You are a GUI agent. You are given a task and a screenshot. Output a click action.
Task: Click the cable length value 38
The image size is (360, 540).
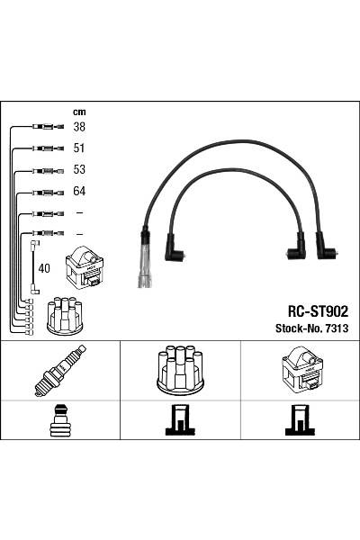pos(79,127)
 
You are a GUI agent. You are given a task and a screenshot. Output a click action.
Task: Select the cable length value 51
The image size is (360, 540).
pos(79,148)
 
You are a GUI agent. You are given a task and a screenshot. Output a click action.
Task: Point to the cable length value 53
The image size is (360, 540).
pos(79,169)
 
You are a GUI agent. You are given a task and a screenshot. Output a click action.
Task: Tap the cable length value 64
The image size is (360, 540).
pos(79,191)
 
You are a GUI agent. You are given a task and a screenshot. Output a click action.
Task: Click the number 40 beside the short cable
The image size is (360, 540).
pos(44,268)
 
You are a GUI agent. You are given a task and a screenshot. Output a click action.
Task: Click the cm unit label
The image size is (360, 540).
pos(79,112)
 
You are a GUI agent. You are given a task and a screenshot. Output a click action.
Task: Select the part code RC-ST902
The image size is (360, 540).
pos(318,311)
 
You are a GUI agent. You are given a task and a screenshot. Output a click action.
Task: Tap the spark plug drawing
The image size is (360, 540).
pos(60,371)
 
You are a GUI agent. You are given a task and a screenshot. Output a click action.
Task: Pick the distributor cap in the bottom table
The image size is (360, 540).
pos(180,370)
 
